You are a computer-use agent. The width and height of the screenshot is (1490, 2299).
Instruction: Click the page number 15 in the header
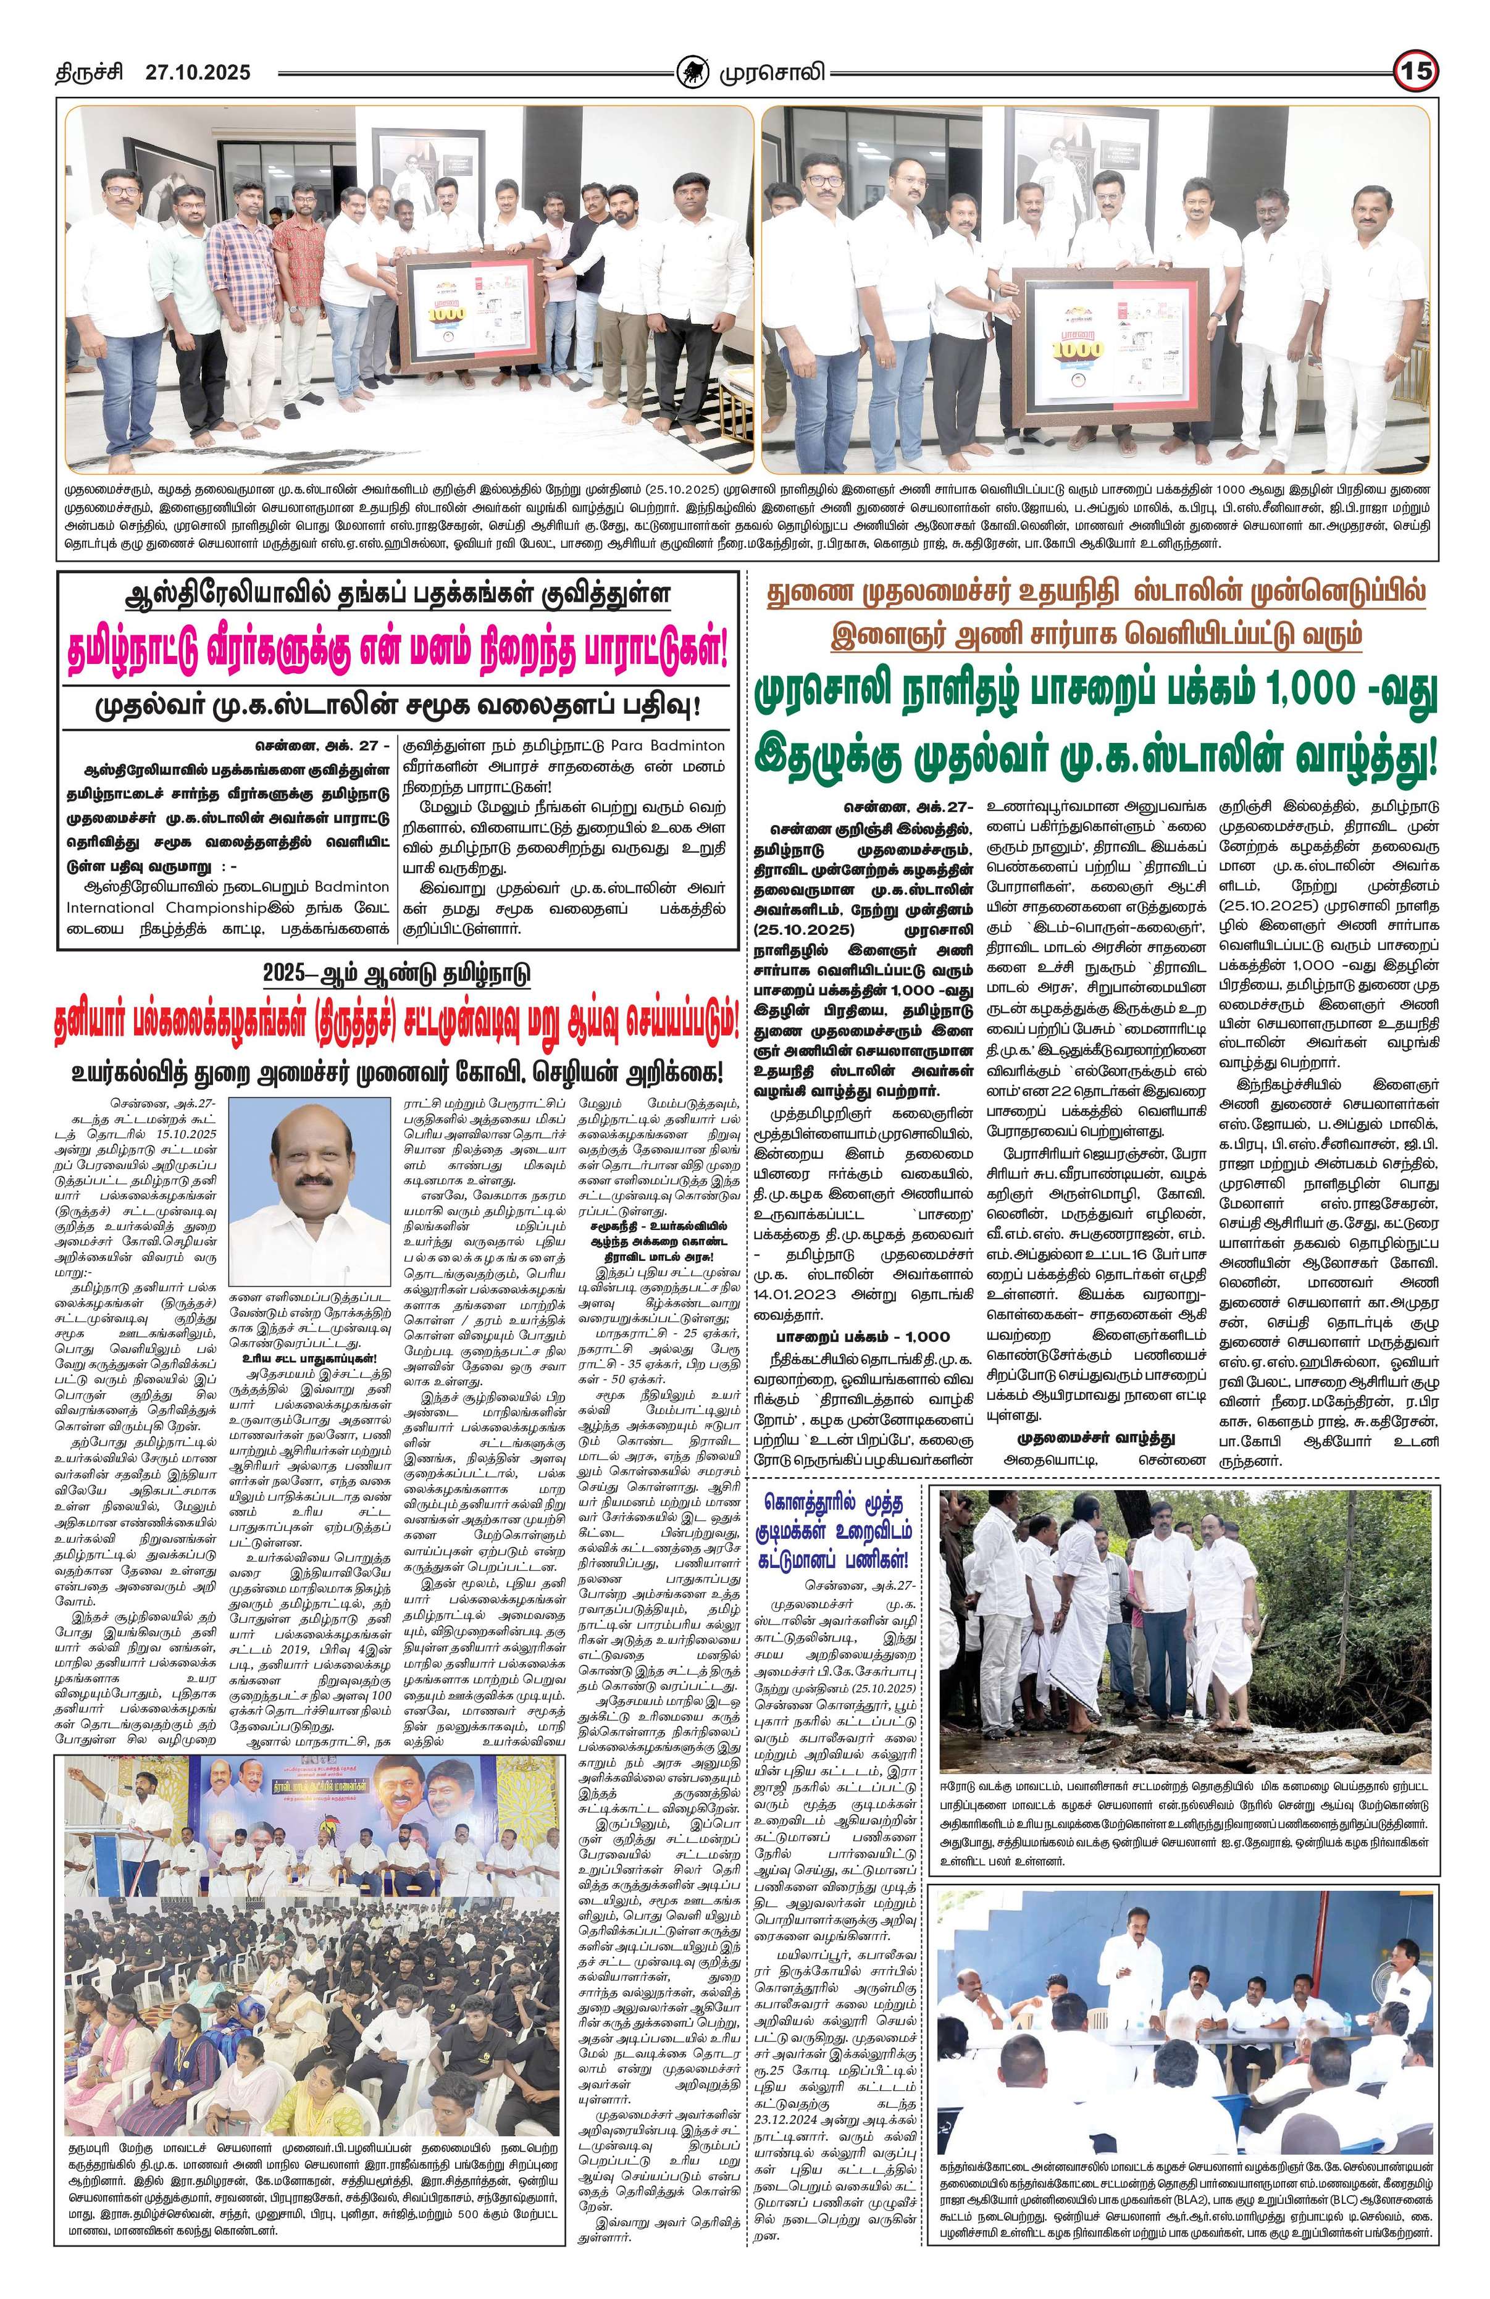point(1417,72)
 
